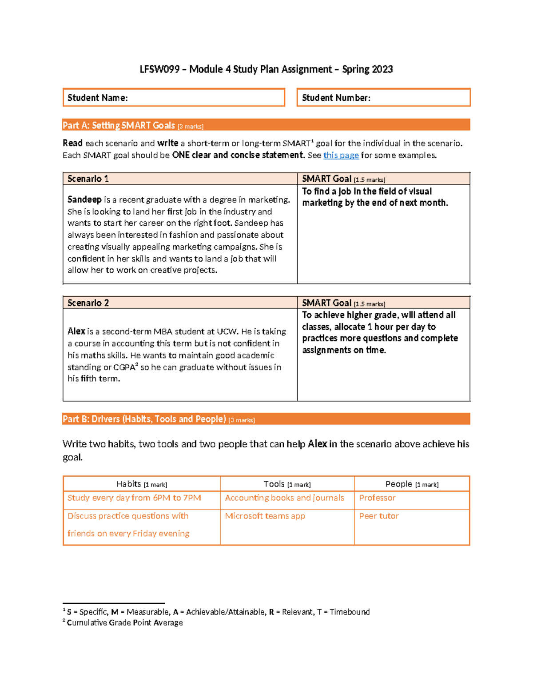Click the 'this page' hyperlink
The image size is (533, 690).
click(341, 155)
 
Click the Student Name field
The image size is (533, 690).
click(174, 98)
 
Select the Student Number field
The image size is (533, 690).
click(383, 98)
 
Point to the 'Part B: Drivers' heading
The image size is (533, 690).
click(144, 419)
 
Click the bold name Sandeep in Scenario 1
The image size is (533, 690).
click(84, 200)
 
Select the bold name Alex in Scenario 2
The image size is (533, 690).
click(76, 331)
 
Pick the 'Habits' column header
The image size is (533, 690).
click(141, 484)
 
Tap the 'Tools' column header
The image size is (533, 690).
click(287, 484)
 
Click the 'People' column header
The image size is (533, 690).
click(412, 484)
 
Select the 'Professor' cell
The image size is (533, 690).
click(377, 498)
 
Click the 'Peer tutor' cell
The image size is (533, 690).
click(379, 516)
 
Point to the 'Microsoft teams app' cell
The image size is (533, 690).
click(265, 516)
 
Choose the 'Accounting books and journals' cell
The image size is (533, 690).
click(284, 498)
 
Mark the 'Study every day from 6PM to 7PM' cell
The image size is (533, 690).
click(134, 498)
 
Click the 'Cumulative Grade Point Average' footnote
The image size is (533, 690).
click(124, 623)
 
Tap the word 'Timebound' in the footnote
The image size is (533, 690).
click(350, 612)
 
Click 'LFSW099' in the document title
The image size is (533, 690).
click(159, 69)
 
